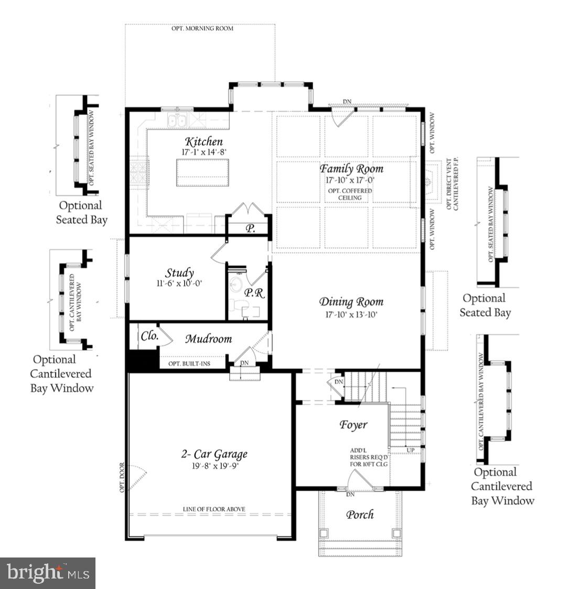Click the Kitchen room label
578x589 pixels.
click(x=204, y=142)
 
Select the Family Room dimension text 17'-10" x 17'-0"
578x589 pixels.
click(x=351, y=180)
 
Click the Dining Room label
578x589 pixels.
click(x=351, y=302)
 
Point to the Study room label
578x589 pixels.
click(x=180, y=273)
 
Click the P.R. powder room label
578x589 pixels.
click(x=254, y=293)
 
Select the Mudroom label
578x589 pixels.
click(x=208, y=339)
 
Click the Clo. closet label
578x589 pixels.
click(x=149, y=336)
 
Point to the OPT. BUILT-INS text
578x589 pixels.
click(x=189, y=363)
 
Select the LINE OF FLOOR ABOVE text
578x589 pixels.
click(x=213, y=509)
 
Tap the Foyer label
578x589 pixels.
click(x=353, y=425)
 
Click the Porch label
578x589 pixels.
click(x=360, y=514)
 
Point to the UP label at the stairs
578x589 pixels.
click(x=410, y=450)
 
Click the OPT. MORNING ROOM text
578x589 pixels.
click(x=202, y=28)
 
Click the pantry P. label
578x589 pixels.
click(x=250, y=228)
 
